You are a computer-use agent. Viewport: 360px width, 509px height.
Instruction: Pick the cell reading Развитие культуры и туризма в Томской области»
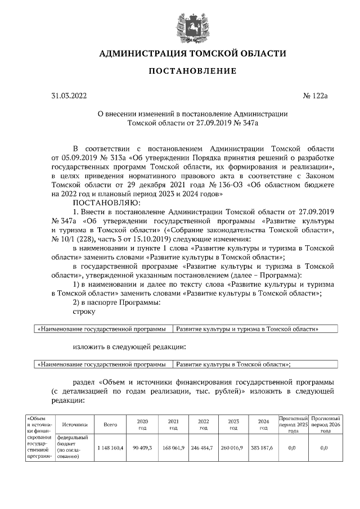click(x=247, y=328)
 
